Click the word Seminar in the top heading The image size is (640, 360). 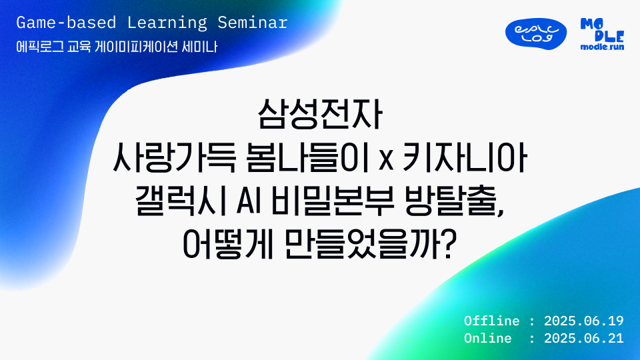252,23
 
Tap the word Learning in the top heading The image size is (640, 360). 167,23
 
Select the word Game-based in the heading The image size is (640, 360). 66,23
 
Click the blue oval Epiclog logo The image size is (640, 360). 535,34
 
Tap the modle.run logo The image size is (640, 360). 602,34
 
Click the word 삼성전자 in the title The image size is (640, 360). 320,115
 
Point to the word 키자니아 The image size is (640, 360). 465,159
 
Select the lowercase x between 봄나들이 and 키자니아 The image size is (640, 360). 386,161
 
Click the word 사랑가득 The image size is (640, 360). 174,159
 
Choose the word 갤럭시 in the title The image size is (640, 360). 181,201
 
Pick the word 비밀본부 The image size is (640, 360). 332,201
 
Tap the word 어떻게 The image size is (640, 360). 227,245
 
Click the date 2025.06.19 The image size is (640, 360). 584,321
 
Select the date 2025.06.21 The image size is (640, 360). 584,338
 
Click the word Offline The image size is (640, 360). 491,321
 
